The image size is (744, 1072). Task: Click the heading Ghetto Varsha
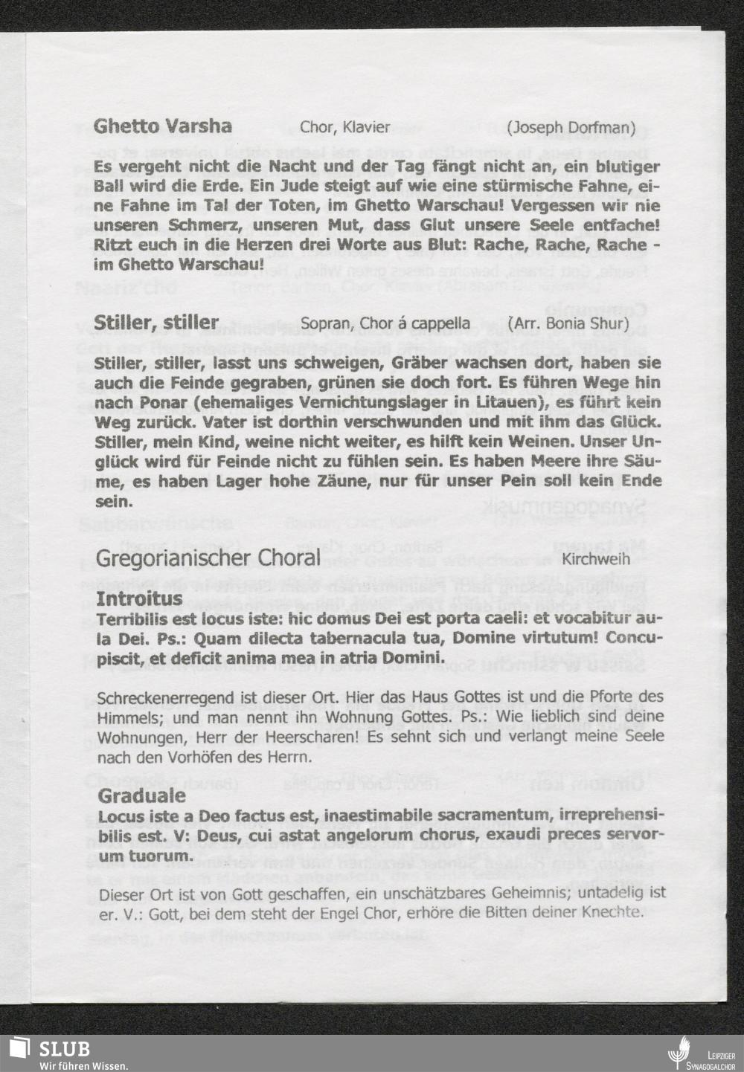[163, 126]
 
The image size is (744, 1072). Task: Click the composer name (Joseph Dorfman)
[571, 127]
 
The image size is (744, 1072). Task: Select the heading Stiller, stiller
[156, 323]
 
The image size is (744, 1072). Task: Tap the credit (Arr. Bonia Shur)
[568, 323]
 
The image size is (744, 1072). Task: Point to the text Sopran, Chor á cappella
[385, 323]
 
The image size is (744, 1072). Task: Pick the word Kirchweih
[615, 558]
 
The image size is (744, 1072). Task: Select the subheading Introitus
[140, 599]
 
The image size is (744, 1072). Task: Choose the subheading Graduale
[142, 795]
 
